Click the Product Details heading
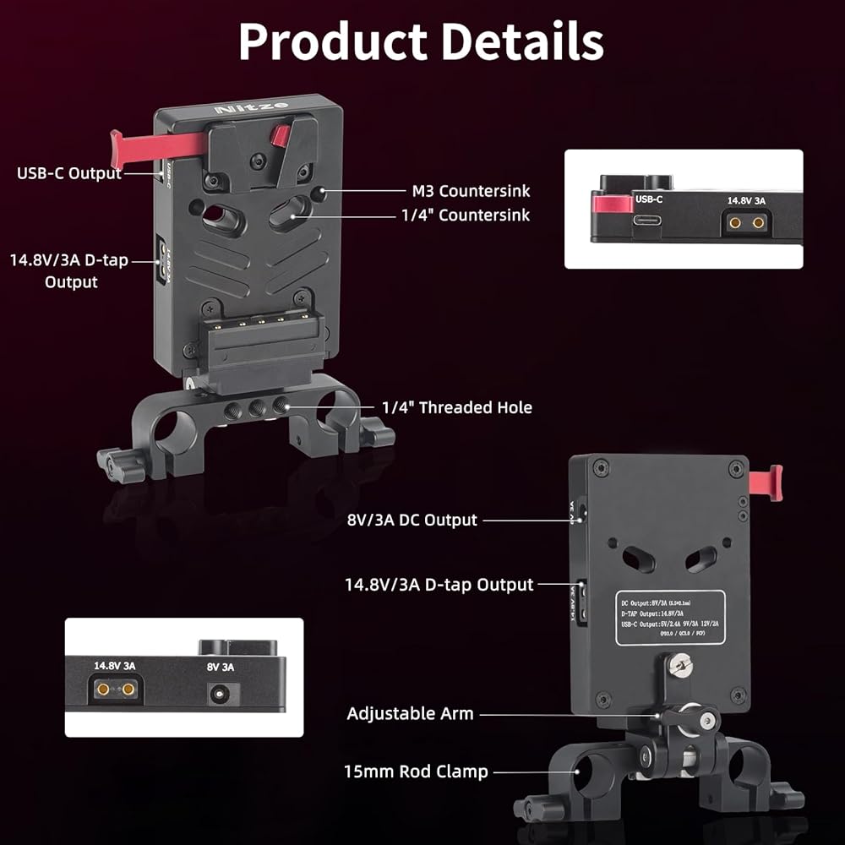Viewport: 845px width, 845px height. point(421,40)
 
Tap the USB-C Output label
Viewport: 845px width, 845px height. point(69,173)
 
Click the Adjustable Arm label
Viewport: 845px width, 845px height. point(410,714)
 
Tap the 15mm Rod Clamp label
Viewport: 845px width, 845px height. point(416,771)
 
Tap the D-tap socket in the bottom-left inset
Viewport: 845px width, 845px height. point(116,690)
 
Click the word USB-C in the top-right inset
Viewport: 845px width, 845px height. point(649,200)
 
